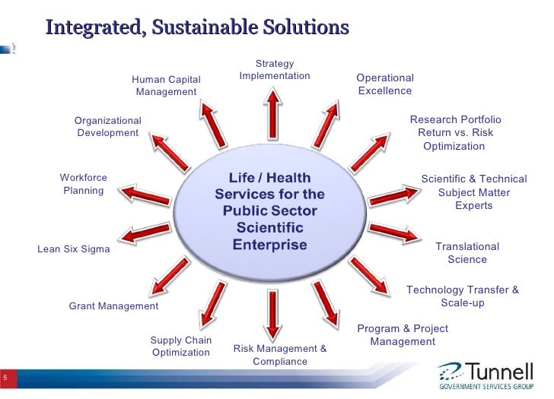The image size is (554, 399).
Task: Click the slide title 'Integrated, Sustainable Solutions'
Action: click(197, 27)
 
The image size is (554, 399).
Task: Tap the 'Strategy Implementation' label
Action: click(275, 70)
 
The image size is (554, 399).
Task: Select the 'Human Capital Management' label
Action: click(166, 85)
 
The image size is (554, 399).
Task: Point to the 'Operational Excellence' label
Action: click(385, 84)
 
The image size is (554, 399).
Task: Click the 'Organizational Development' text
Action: click(108, 127)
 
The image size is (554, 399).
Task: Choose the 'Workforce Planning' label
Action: click(84, 184)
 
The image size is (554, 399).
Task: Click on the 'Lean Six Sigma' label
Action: click(74, 249)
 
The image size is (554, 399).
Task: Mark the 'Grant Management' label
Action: click(113, 306)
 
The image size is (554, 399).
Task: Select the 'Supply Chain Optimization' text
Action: click(181, 347)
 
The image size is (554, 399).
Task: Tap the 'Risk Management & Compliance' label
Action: click(280, 355)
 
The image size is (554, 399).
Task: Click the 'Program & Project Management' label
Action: click(403, 335)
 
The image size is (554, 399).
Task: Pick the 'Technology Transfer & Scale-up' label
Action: click(463, 296)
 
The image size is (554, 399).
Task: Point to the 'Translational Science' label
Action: click(467, 253)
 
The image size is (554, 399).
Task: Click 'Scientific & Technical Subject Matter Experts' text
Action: click(473, 192)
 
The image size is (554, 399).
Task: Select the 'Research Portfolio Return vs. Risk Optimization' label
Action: click(454, 133)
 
